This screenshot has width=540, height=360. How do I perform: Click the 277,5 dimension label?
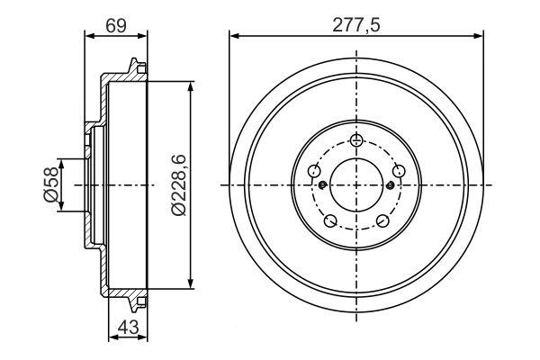point(356,25)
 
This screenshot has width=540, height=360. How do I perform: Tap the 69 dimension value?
point(116,25)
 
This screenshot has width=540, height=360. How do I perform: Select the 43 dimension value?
point(128,327)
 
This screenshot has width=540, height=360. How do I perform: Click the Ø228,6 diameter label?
point(179,185)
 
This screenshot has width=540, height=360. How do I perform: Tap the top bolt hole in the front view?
point(356,139)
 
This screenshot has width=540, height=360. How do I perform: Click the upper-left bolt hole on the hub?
point(314,170)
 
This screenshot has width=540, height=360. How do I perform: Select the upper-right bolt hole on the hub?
point(399,170)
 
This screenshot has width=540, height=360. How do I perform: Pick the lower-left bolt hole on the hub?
point(330,220)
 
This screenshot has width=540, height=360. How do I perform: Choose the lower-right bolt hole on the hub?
point(382,220)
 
